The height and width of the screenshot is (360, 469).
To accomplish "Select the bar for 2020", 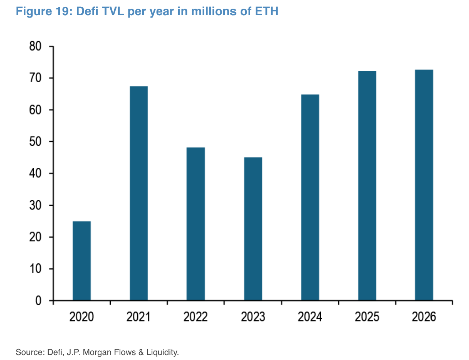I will coord(82,261).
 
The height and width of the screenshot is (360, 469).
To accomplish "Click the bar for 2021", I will coord(139,193).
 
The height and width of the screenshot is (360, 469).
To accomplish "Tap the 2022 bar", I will coord(196,224).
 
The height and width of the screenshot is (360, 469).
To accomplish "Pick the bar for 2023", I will coord(253,229).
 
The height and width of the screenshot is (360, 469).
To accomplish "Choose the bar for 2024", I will coord(310,197).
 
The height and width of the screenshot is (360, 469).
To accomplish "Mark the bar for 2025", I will coord(367,186).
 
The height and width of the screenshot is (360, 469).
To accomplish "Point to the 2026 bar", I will coord(424,185).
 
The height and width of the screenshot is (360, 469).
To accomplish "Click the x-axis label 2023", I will coord(253,317).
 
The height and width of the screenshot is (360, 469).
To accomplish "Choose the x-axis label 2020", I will coord(82,317).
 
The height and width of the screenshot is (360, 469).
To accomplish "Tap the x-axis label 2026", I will coord(424,317).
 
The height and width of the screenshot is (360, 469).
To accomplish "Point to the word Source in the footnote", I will coord(29,352).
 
